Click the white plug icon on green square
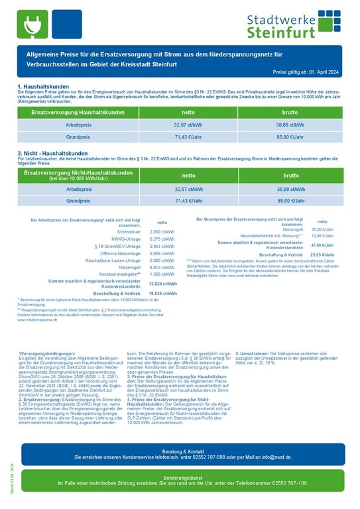(x=31, y=24)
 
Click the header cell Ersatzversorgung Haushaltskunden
(x=78, y=113)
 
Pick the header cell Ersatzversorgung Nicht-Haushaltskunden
(x=78, y=175)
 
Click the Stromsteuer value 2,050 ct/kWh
(x=162, y=232)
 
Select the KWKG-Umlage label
(x=127, y=239)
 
